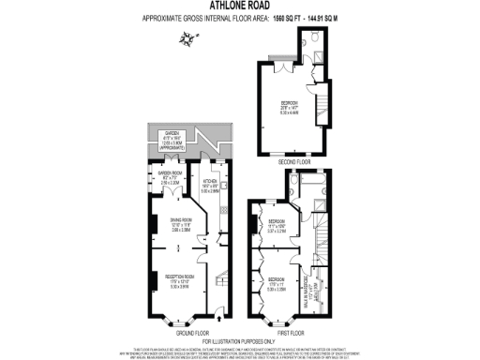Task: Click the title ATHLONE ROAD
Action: tap(239, 5)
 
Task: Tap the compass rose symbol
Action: tap(193, 38)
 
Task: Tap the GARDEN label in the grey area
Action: tap(169, 134)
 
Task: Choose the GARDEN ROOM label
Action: tap(169, 173)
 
